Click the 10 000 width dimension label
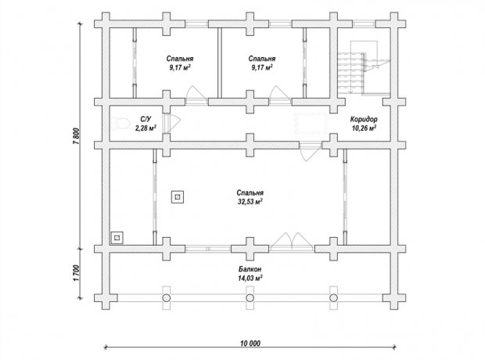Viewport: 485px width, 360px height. [x=250, y=343]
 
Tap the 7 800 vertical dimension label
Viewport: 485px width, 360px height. [x=77, y=136]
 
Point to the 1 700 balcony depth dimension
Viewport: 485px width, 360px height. [x=77, y=273]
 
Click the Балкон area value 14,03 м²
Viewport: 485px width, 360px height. [x=250, y=278]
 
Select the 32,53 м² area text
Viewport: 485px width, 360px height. [x=250, y=202]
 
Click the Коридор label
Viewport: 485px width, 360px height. [x=364, y=119]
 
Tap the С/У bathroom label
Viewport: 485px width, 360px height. [x=145, y=119]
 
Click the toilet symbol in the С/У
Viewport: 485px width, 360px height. [x=120, y=124]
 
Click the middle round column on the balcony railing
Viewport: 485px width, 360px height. [x=250, y=298]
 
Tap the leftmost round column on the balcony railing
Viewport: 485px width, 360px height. [x=167, y=298]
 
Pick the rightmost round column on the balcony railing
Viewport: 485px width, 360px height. [x=333, y=298]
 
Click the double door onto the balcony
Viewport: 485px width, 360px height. [x=292, y=242]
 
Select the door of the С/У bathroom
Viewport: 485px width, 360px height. [x=171, y=124]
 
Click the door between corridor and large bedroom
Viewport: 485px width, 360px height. [x=311, y=152]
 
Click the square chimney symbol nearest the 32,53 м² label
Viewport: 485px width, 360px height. [x=178, y=196]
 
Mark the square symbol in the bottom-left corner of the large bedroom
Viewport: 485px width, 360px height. [x=117, y=238]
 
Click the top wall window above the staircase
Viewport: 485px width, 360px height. [x=364, y=24]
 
